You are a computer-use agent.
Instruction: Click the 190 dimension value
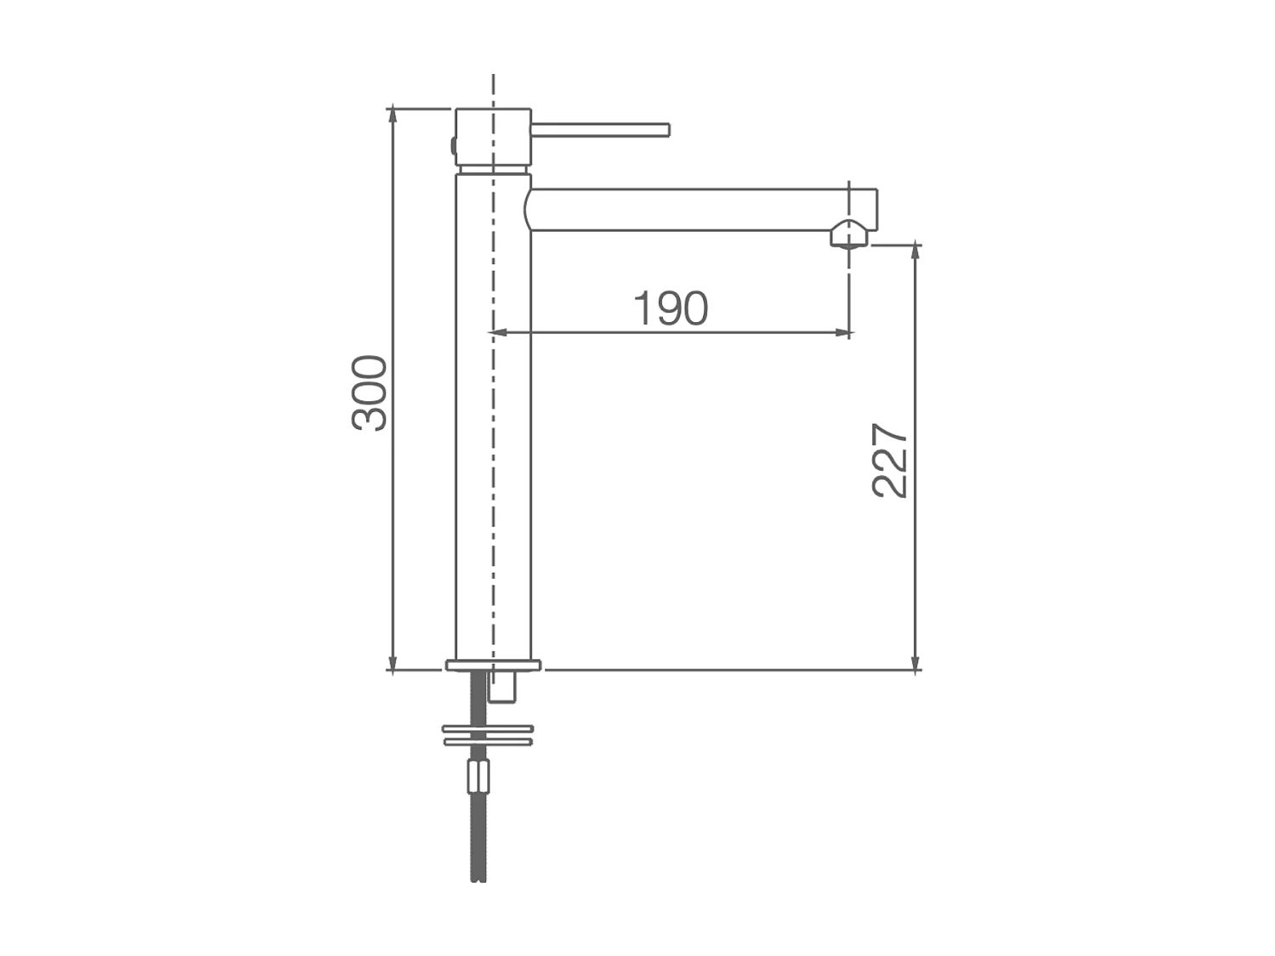point(671,308)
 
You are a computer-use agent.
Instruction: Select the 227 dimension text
point(891,460)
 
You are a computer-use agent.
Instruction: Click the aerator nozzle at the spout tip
point(848,234)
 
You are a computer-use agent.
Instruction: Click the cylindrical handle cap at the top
point(493,136)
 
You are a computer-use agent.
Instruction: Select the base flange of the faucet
point(493,665)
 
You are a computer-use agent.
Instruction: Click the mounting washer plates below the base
point(487,734)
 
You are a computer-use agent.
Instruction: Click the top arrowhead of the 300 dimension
point(393,116)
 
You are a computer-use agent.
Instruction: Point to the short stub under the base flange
point(502,687)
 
